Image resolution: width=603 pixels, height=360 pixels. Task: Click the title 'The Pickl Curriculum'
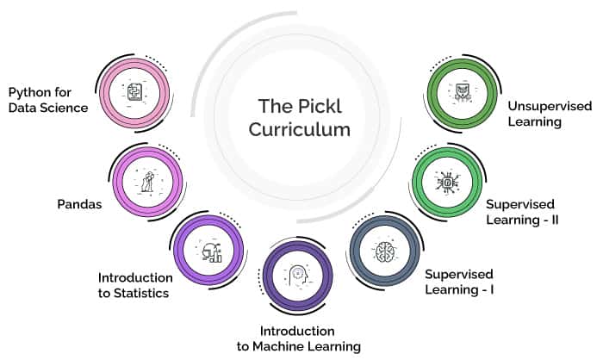pos(300,118)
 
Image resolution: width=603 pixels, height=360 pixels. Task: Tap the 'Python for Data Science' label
pos(48,100)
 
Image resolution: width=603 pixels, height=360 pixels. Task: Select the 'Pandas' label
pos(79,204)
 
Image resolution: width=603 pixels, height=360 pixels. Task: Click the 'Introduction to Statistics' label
pos(135,285)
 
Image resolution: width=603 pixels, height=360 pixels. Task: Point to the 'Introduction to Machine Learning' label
pos(299,338)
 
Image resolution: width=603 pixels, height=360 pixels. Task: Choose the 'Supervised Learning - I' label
pos(459,282)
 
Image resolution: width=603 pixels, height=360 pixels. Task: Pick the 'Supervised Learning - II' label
pos(522,212)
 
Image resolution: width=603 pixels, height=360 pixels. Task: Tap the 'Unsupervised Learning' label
pos(550,114)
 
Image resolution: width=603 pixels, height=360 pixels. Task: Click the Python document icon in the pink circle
pos(134,92)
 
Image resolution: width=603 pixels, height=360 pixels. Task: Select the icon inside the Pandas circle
pos(148,182)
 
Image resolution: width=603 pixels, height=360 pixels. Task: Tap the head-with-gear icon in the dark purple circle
pos(298,276)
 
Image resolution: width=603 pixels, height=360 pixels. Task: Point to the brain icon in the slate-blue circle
pos(385,252)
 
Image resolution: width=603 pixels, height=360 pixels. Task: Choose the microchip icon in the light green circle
pos(447,182)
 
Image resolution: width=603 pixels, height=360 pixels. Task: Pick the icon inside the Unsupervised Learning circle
pos(463,93)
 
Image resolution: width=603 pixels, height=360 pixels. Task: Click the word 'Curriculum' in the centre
pos(300,129)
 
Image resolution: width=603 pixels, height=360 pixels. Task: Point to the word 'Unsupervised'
pos(550,106)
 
